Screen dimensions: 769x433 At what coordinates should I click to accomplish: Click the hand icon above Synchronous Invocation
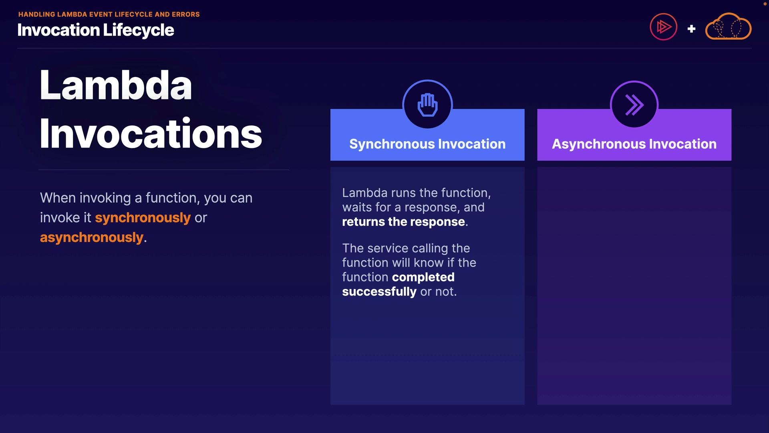click(427, 105)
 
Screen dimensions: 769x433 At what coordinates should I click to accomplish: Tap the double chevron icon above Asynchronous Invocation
click(634, 105)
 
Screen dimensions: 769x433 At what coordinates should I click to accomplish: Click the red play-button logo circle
click(663, 27)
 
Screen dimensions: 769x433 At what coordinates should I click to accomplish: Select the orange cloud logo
click(728, 26)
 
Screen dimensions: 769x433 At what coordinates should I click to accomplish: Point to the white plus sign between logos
click(691, 29)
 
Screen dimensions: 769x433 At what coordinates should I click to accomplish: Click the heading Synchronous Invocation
click(427, 144)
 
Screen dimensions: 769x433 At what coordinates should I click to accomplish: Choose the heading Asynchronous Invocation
click(634, 144)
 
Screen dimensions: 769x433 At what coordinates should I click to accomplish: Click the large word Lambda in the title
click(116, 85)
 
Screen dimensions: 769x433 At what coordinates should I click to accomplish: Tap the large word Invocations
click(151, 133)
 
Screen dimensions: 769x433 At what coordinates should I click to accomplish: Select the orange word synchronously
click(143, 218)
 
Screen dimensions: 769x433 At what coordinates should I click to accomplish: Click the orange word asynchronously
click(92, 237)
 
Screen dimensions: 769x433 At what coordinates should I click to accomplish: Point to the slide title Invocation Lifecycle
click(96, 30)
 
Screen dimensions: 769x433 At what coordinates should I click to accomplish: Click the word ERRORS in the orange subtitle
click(186, 14)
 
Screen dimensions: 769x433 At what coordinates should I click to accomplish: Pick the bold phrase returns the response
click(403, 222)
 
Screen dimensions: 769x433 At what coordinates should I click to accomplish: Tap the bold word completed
click(423, 277)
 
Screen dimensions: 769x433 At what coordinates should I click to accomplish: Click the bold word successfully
click(379, 292)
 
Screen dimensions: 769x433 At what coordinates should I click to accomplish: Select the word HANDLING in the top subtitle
click(37, 14)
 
